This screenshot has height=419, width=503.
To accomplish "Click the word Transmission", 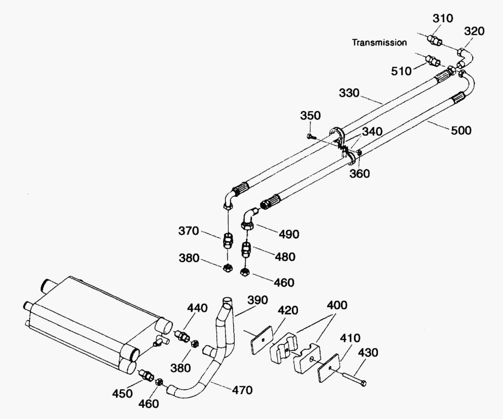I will pos(379,42).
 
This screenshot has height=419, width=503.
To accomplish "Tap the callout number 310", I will pos(442,18).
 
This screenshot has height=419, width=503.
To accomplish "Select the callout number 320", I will pos(474,31).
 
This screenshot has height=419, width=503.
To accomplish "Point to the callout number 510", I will pos(401,71).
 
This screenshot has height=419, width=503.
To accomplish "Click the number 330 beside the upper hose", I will pos(349,93).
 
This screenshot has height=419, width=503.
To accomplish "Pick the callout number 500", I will pos(461,130).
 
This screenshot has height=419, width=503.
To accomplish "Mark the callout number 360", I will pos(360,173).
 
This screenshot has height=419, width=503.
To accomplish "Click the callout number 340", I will pos(372,132).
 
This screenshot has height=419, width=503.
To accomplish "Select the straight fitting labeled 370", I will pos(227,241).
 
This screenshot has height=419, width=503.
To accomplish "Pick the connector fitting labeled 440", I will pos(181,336).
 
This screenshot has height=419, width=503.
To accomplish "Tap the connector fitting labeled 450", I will pos(147,376).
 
